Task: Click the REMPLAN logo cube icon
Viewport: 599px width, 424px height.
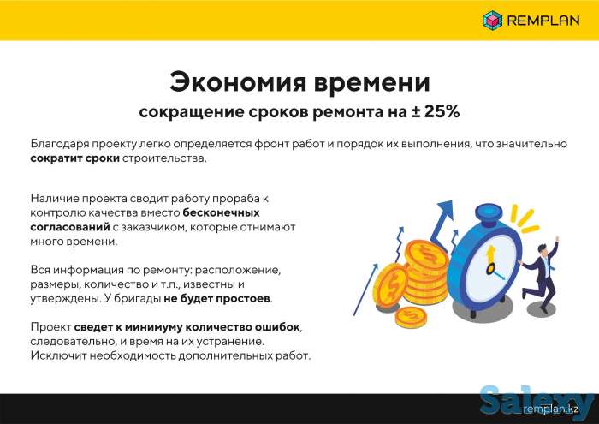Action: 492,20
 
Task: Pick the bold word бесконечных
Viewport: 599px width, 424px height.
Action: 221,211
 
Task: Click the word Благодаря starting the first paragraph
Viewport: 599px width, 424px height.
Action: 57,144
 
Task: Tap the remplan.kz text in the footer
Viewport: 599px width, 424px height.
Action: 551,409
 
